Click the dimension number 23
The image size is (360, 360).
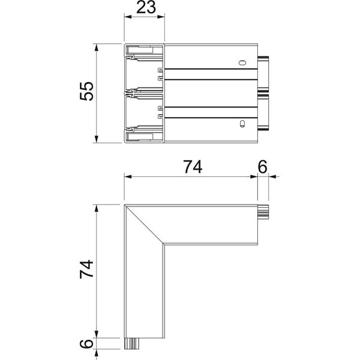click(x=146, y=8)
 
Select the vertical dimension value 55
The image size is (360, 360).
click(x=87, y=91)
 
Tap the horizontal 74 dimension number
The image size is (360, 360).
click(x=193, y=167)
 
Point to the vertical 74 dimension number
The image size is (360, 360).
click(x=87, y=269)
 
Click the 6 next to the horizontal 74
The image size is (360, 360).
click(x=262, y=167)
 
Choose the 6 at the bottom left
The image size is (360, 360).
click(x=86, y=344)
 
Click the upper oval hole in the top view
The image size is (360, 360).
click(x=242, y=62)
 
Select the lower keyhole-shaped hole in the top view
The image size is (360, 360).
click(x=242, y=124)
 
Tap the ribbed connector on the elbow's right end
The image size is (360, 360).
click(x=263, y=212)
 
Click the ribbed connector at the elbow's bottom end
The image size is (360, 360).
click(x=132, y=343)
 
